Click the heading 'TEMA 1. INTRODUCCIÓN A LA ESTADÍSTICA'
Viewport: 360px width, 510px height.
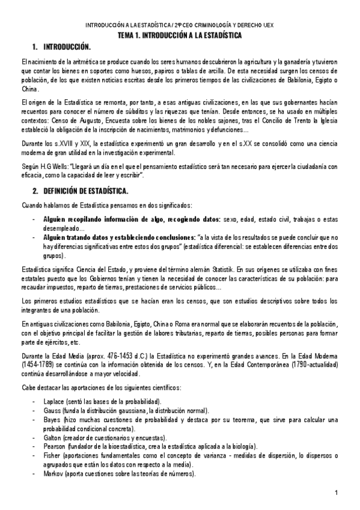click(x=180, y=36)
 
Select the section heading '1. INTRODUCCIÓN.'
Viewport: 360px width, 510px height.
click(x=63, y=47)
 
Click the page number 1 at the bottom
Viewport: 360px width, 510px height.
click(x=337, y=494)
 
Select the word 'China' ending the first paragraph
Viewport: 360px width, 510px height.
click(x=29, y=89)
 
